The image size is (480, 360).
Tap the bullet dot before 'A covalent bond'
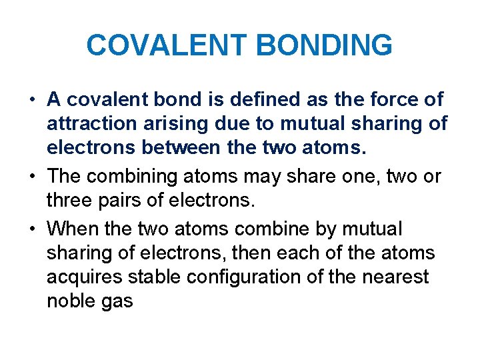coord(32,100)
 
